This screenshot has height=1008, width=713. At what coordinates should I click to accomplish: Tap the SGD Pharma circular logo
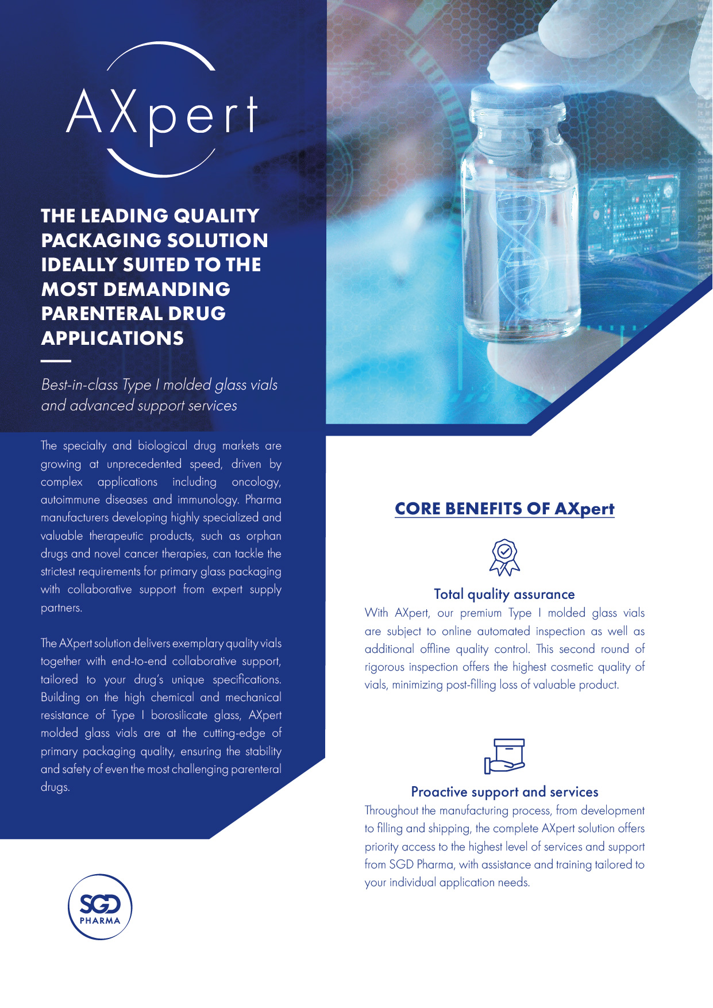100,907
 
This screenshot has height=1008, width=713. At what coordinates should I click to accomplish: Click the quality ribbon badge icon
504,557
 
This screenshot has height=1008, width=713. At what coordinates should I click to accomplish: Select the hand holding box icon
504,756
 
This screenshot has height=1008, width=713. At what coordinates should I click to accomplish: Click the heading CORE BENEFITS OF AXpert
504,509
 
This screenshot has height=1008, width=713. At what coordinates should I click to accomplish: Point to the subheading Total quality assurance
504,594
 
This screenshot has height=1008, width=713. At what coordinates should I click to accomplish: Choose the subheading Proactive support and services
504,792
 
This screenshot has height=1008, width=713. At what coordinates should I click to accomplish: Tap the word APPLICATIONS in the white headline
113,338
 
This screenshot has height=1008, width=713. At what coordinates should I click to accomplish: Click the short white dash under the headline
56,361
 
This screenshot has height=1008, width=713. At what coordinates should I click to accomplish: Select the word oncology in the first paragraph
256,482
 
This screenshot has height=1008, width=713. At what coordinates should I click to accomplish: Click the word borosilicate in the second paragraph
179,715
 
